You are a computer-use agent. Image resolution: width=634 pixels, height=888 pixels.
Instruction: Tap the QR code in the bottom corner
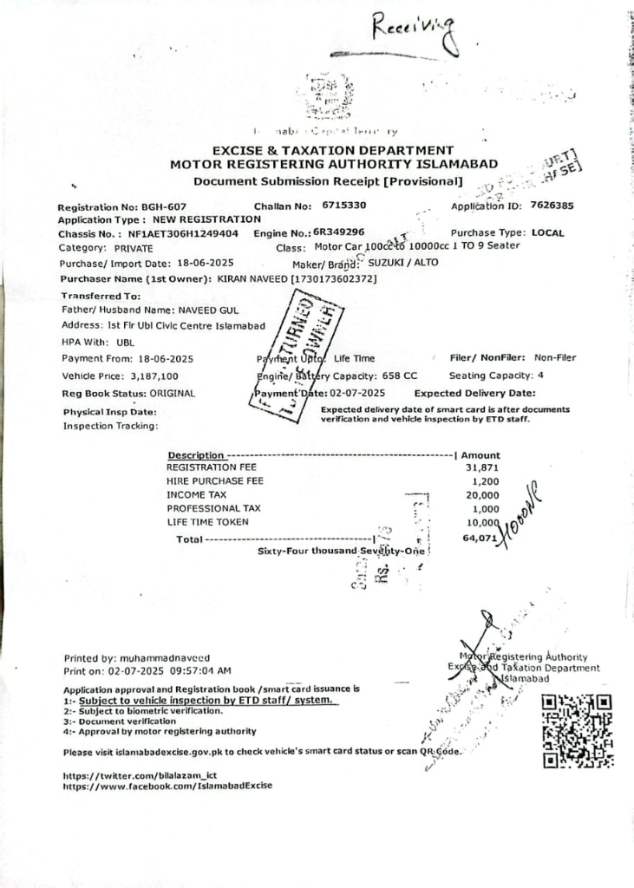[577, 730]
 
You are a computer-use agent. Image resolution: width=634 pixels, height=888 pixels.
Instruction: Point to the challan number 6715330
[343, 206]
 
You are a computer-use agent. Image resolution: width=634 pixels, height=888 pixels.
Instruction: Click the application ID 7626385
[546, 206]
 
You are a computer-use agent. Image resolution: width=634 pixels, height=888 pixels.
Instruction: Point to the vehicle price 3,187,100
[154, 376]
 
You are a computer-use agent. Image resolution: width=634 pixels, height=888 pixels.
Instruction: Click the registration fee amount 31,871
[482, 467]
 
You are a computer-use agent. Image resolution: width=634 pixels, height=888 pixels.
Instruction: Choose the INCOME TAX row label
[198, 494]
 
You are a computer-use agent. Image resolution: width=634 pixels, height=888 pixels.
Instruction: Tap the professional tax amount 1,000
[486, 508]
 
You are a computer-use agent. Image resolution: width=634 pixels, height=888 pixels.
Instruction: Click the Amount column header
[480, 454]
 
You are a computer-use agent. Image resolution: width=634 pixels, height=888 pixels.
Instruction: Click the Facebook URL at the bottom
[167, 786]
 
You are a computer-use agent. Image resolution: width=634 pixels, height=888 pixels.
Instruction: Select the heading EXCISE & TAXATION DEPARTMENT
[333, 150]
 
